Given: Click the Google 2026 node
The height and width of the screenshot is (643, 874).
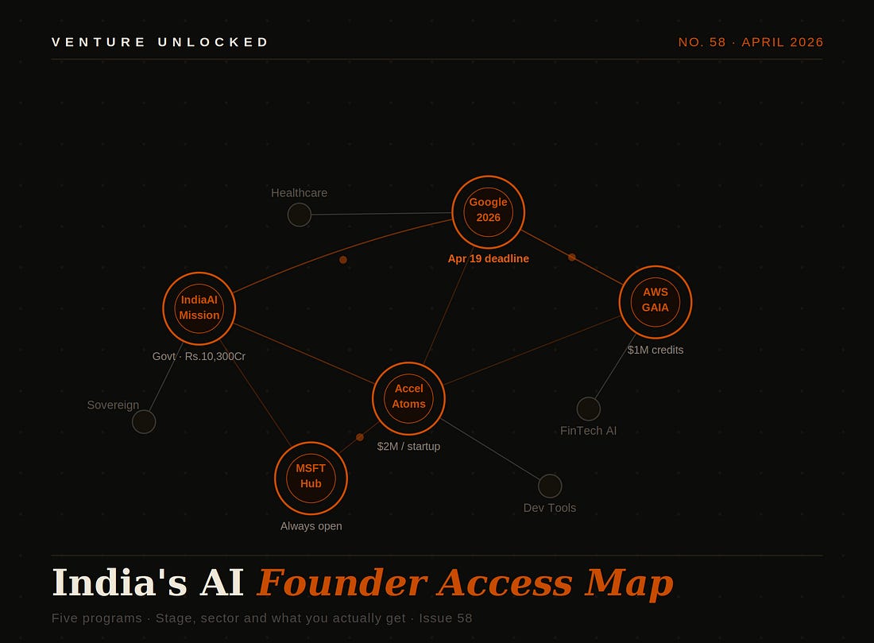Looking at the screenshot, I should coord(488,212).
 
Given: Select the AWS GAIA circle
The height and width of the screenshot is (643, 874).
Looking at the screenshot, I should coord(655,302).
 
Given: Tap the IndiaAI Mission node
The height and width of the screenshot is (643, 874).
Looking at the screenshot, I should coord(199,308).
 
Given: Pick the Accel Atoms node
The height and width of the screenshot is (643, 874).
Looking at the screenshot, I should coord(408,398).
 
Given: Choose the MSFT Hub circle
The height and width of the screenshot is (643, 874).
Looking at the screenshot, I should coord(311,478).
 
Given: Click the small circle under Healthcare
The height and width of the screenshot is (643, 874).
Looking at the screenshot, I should coord(300,215).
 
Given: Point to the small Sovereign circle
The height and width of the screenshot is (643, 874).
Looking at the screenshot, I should coord(144,421).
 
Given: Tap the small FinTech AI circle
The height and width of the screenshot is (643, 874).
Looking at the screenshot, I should coord(589,409).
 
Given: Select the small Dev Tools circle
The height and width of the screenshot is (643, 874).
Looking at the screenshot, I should coord(550,486).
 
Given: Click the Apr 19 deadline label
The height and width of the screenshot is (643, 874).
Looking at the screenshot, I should coord(488,259).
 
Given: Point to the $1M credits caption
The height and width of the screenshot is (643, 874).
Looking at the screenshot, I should coord(655,350).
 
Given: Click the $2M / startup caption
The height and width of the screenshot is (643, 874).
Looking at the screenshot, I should coord(408,447).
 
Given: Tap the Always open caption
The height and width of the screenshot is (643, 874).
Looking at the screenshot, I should coord(311,526).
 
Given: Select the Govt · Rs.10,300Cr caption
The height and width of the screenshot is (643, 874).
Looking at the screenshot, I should coord(199,357).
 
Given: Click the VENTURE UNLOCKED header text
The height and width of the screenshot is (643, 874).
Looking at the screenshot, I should coord(160,42).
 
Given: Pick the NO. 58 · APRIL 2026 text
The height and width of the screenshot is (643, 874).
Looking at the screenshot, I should coord(751,42).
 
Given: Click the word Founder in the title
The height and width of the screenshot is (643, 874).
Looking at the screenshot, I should coord(342,583).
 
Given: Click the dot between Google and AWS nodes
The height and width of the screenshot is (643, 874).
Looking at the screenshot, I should coord(572,258).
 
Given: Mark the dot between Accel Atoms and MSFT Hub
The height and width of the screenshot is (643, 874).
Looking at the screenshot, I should coord(360,437).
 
